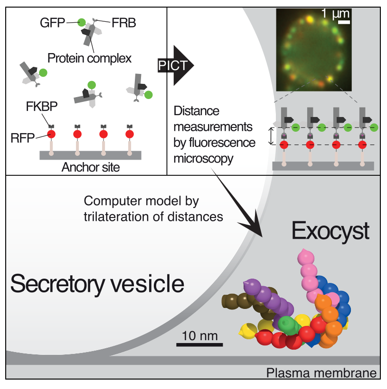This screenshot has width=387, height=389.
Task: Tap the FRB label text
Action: (123, 22)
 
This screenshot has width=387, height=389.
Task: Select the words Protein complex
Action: (90, 58)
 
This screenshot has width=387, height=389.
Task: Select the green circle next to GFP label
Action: (82, 22)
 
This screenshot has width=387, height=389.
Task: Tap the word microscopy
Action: (204, 158)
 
